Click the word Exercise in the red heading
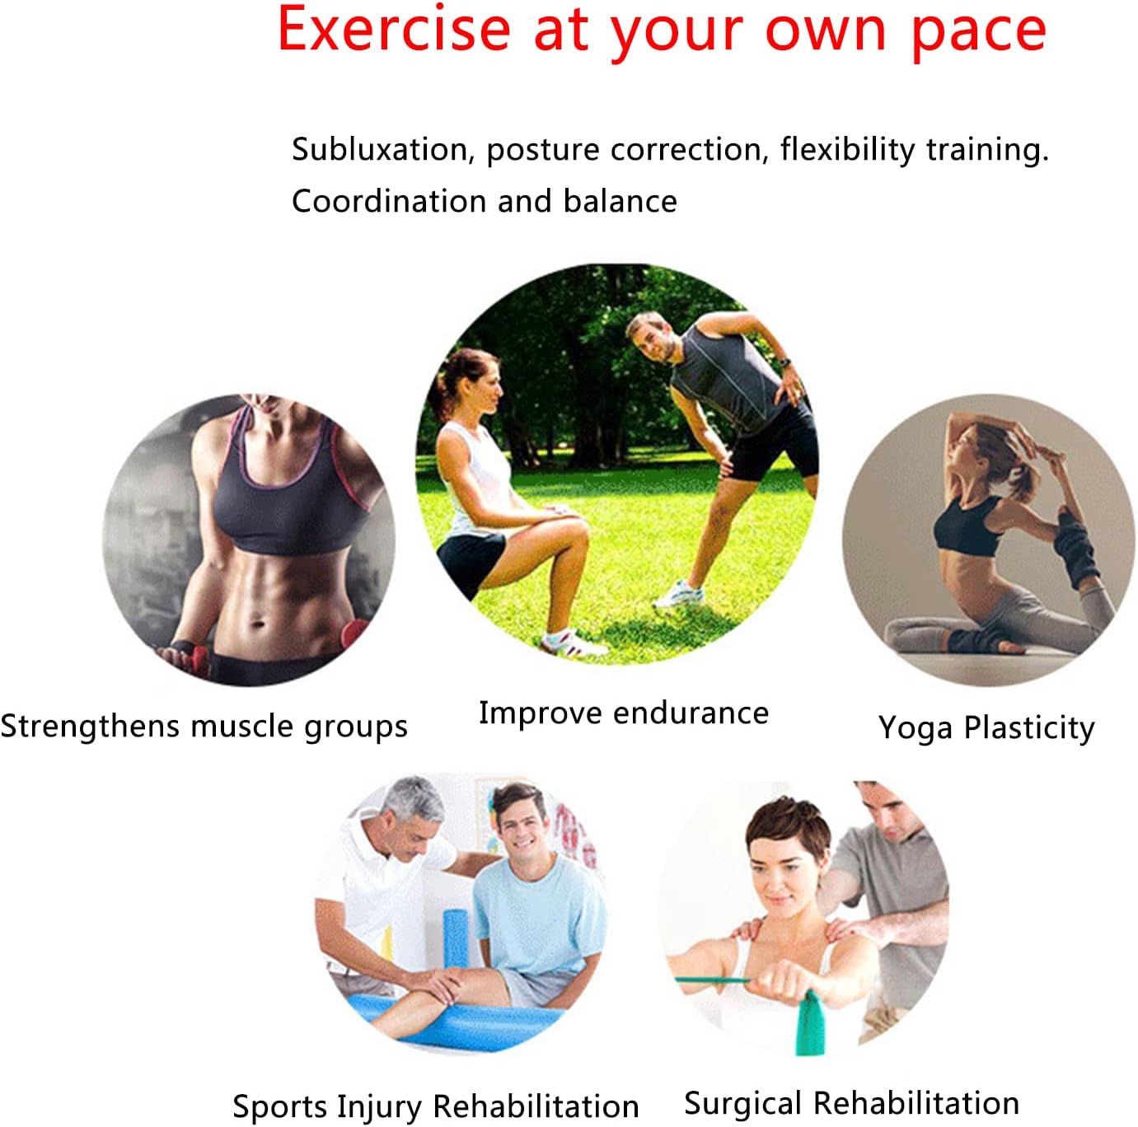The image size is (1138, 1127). [394, 30]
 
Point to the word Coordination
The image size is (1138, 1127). [389, 201]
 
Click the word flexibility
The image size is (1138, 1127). [847, 150]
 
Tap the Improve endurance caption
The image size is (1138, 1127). [624, 713]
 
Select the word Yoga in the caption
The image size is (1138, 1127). [916, 728]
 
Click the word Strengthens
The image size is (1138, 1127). [91, 725]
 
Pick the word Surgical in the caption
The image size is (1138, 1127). [743, 1103]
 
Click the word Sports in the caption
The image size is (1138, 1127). [279, 1106]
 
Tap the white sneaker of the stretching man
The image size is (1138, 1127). [679, 594]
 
